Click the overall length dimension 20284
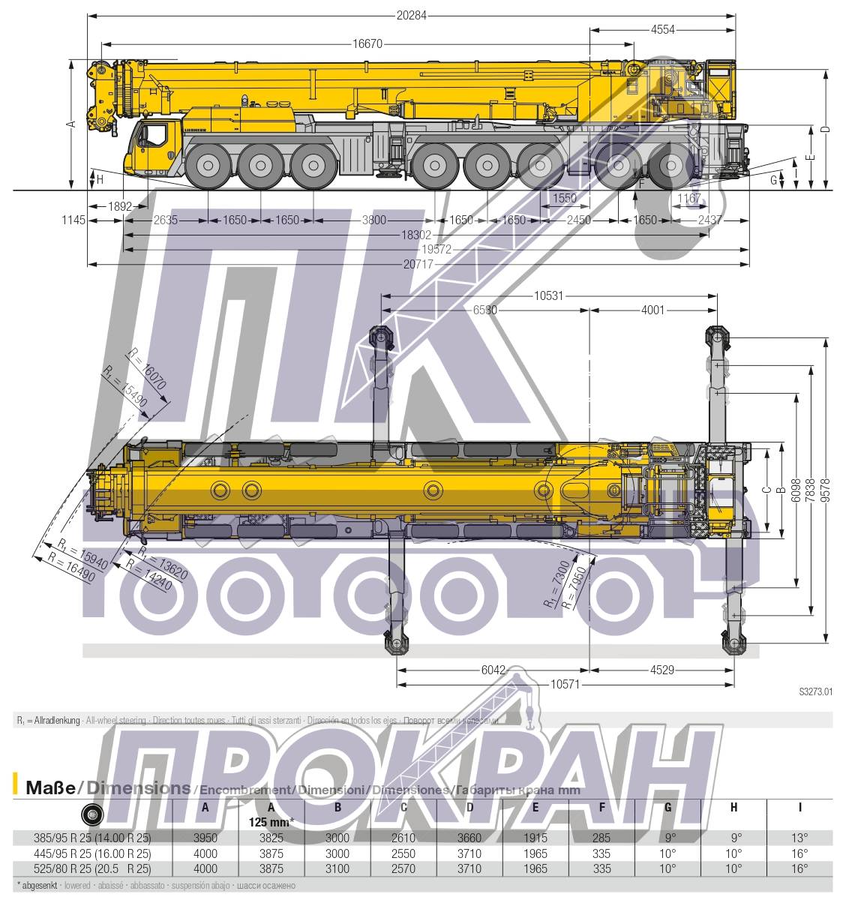click(x=411, y=15)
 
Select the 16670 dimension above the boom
click(x=367, y=43)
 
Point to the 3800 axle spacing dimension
click(x=373, y=220)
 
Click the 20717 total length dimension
click(x=418, y=264)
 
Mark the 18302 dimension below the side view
click(x=416, y=235)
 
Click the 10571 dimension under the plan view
click(x=566, y=684)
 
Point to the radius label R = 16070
click(x=147, y=368)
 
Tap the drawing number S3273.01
click(x=815, y=692)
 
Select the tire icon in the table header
click(x=92, y=813)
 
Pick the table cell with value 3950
click(x=205, y=838)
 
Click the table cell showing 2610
click(x=403, y=838)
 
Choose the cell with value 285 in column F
click(x=601, y=838)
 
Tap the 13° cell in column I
click(x=799, y=838)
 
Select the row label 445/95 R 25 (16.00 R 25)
click(x=92, y=853)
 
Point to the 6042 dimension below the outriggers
click(x=492, y=670)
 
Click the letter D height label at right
click(x=825, y=130)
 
